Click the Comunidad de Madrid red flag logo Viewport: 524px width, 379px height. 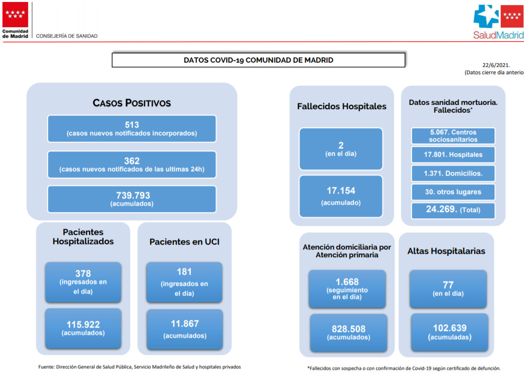coord(16,15)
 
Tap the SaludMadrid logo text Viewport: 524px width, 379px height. coord(498,35)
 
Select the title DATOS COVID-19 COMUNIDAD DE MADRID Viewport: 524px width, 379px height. coord(258,60)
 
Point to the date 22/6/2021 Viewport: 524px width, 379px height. coord(496,65)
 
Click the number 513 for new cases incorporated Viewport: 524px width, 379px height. coord(131,125)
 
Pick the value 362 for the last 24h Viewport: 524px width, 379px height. coord(131,161)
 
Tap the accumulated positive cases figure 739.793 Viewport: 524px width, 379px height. coord(133,195)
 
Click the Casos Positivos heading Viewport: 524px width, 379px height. coord(131,102)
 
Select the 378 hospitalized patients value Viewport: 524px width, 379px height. coord(83,273)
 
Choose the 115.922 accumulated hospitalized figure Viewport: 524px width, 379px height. coord(83,324)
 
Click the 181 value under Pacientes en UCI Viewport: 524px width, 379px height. coord(184,272)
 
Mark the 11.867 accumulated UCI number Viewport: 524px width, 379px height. coord(185,324)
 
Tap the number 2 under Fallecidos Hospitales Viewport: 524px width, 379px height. coord(341,146)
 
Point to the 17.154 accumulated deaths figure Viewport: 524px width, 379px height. coord(341,191)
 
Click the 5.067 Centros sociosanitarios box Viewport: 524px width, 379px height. coord(453,136)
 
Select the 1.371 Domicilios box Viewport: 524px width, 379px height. coord(453,173)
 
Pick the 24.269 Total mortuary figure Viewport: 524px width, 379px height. coord(441,209)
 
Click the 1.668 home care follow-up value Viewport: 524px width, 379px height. coord(347,282)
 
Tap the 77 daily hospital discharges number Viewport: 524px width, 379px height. coord(448,285)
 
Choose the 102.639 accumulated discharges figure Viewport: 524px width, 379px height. coord(450,328)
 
